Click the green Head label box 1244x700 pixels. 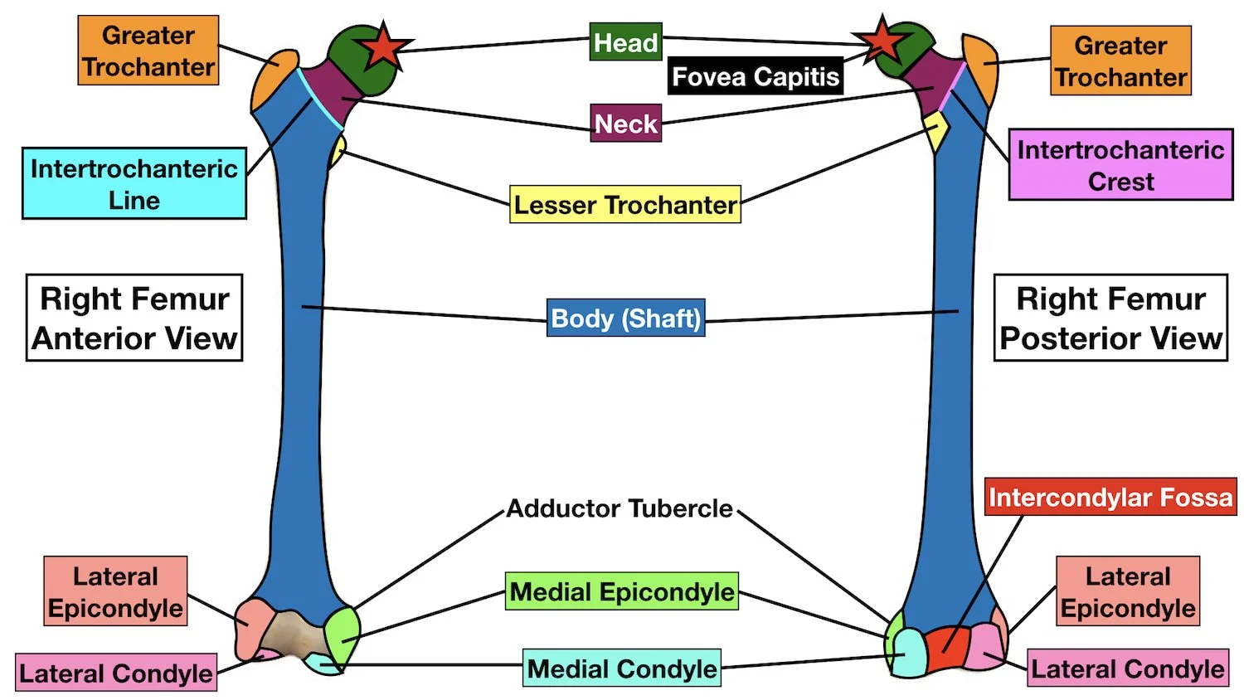click(x=625, y=42)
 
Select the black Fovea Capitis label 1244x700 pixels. click(x=755, y=77)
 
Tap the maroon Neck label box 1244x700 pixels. click(x=625, y=124)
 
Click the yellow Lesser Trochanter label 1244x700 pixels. click(x=624, y=205)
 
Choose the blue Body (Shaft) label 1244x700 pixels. click(x=625, y=318)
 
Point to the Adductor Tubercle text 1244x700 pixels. click(x=620, y=508)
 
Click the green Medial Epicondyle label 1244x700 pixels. click(x=622, y=592)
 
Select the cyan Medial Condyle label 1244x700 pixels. click(x=621, y=668)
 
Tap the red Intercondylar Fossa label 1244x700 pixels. click(x=1110, y=498)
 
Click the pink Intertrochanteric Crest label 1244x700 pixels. click(x=1120, y=165)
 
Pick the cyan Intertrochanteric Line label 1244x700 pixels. click(x=134, y=183)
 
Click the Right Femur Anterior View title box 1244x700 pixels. click(x=134, y=318)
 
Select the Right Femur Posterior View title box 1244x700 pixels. click(x=1110, y=318)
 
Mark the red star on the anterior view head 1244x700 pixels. click(x=383, y=47)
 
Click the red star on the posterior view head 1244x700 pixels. click(x=882, y=41)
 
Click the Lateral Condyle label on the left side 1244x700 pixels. click(x=116, y=673)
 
